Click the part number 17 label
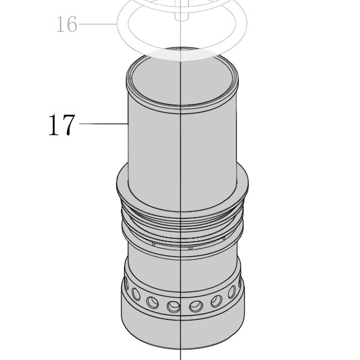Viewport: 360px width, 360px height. [x=62, y=125]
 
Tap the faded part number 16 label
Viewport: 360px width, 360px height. [x=67, y=24]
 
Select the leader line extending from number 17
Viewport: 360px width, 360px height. [x=104, y=124]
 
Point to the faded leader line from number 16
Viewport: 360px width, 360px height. [x=98, y=23]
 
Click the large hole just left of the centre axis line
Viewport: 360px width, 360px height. [x=173, y=307]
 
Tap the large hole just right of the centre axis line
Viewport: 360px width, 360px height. [x=196, y=307]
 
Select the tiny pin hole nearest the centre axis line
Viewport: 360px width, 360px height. [x=190, y=248]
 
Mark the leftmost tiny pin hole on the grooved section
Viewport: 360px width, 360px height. [x=154, y=244]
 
